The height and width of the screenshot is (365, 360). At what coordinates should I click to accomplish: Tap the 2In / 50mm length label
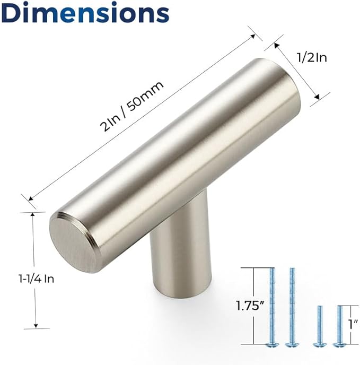point(131,106)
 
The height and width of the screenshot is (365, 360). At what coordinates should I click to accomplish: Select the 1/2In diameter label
point(312,57)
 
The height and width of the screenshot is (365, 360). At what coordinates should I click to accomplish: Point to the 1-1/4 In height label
point(36,279)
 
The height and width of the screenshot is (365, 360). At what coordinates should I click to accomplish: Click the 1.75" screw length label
point(250,306)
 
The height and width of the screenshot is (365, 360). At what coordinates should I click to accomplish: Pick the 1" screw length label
point(353,324)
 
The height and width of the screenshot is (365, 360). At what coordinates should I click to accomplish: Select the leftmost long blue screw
point(271,308)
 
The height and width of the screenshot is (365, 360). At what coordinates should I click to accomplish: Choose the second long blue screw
point(292,308)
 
